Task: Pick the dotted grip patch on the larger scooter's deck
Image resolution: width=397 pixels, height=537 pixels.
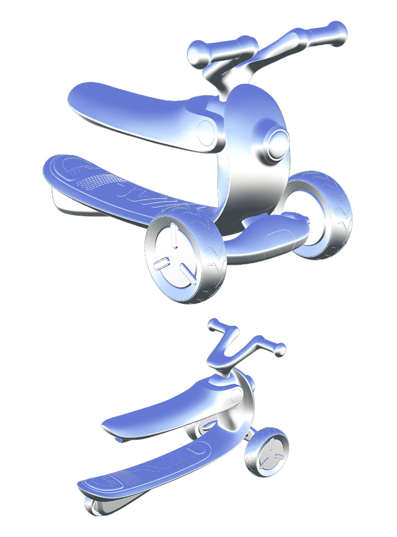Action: [99, 181]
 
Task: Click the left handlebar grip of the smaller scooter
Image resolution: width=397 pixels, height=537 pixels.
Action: [217, 327]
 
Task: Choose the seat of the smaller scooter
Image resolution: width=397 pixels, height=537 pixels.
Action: [159, 412]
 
